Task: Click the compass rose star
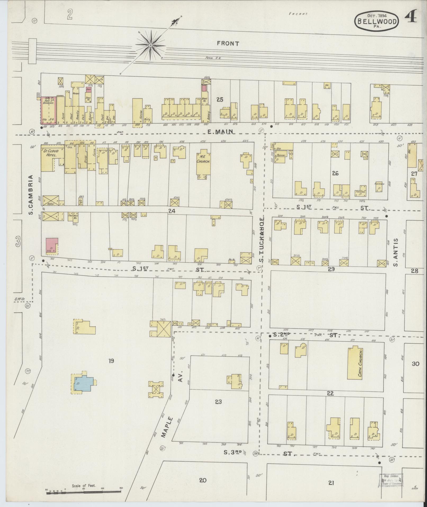point(150,45)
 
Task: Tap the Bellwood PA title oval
point(377,19)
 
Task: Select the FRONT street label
point(228,44)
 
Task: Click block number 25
point(219,100)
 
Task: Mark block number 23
point(218,402)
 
